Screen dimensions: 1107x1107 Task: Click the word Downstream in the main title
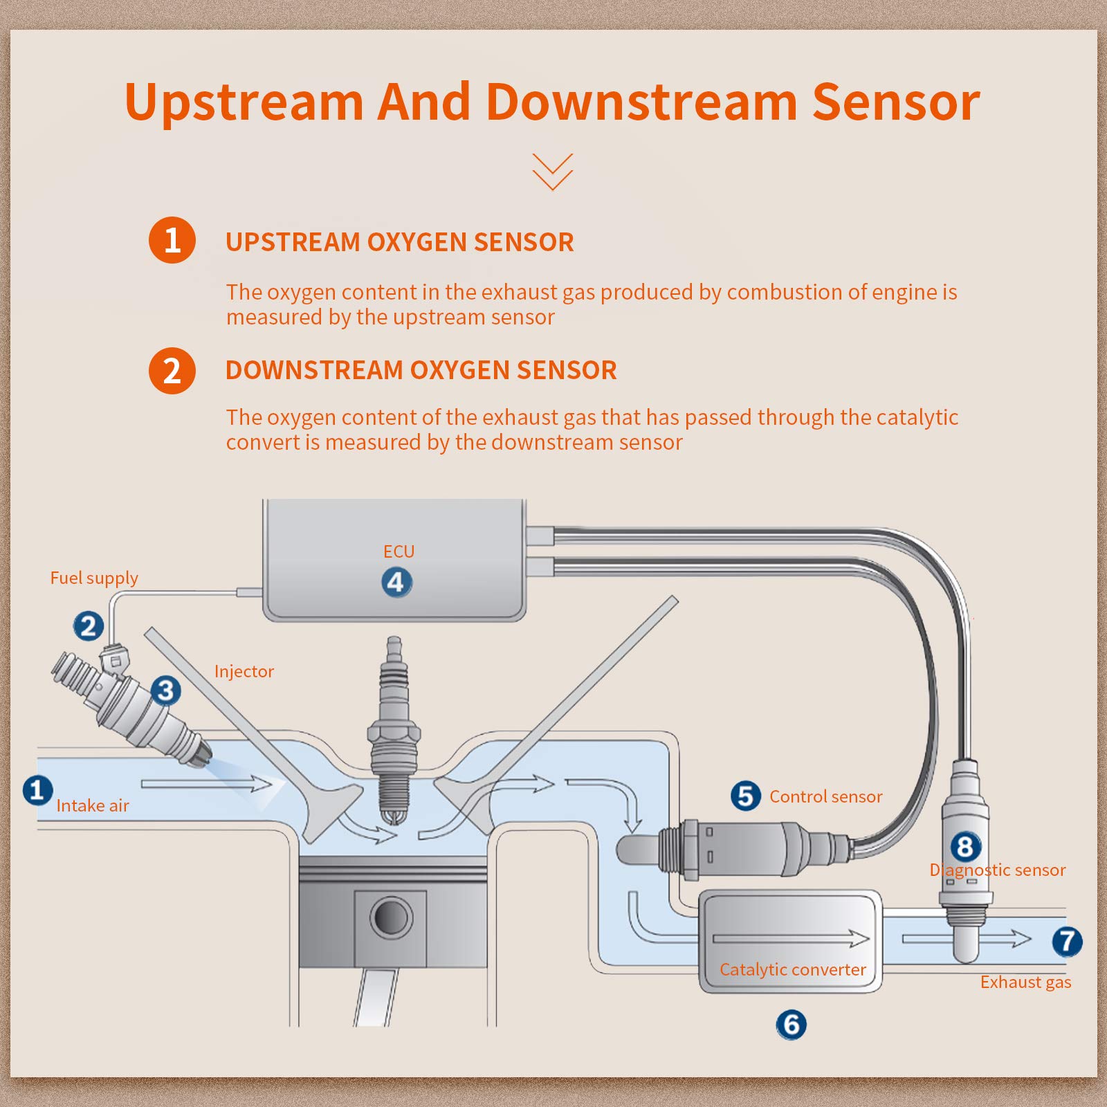[641, 102]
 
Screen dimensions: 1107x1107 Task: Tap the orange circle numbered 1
[172, 240]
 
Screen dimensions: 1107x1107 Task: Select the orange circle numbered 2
[172, 371]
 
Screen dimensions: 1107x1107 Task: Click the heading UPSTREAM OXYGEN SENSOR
[400, 242]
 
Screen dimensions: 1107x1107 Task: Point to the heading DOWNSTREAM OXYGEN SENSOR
[421, 370]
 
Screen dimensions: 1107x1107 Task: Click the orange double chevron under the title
[553, 172]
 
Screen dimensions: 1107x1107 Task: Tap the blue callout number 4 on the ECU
[396, 582]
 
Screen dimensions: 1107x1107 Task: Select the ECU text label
[399, 551]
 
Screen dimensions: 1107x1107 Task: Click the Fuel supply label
[94, 578]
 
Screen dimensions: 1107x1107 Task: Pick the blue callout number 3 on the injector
[165, 690]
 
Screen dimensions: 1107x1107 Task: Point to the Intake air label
[93, 805]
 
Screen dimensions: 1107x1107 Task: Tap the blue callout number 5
[745, 796]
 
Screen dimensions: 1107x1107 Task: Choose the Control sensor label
[826, 796]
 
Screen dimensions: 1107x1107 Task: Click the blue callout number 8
[965, 846]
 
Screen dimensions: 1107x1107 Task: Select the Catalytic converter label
[793, 970]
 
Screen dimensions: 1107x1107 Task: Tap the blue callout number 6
[791, 1025]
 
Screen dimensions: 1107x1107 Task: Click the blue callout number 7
[1067, 941]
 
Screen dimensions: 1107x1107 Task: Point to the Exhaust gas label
[1025, 982]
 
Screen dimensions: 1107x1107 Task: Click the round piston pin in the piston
[391, 917]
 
